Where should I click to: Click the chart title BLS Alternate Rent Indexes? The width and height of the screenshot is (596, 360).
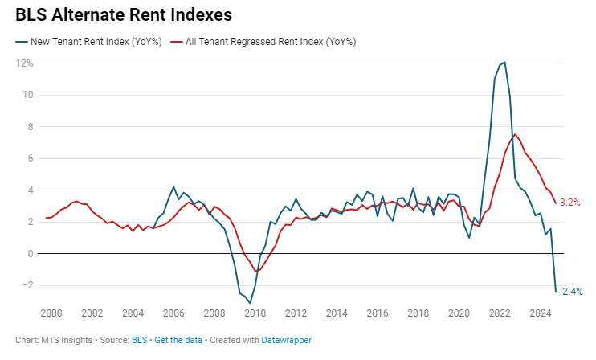[124, 14]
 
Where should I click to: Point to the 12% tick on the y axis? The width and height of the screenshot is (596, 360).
[24, 63]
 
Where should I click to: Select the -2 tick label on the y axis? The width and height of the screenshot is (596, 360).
[27, 285]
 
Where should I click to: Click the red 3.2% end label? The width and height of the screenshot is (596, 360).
[570, 202]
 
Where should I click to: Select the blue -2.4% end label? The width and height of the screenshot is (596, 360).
[570, 291]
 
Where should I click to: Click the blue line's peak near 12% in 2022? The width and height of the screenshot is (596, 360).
[504, 63]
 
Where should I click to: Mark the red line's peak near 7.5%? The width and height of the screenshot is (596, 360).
[515, 134]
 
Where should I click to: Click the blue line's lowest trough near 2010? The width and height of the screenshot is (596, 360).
[250, 302]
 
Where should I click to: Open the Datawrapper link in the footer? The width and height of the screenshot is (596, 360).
[286, 340]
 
